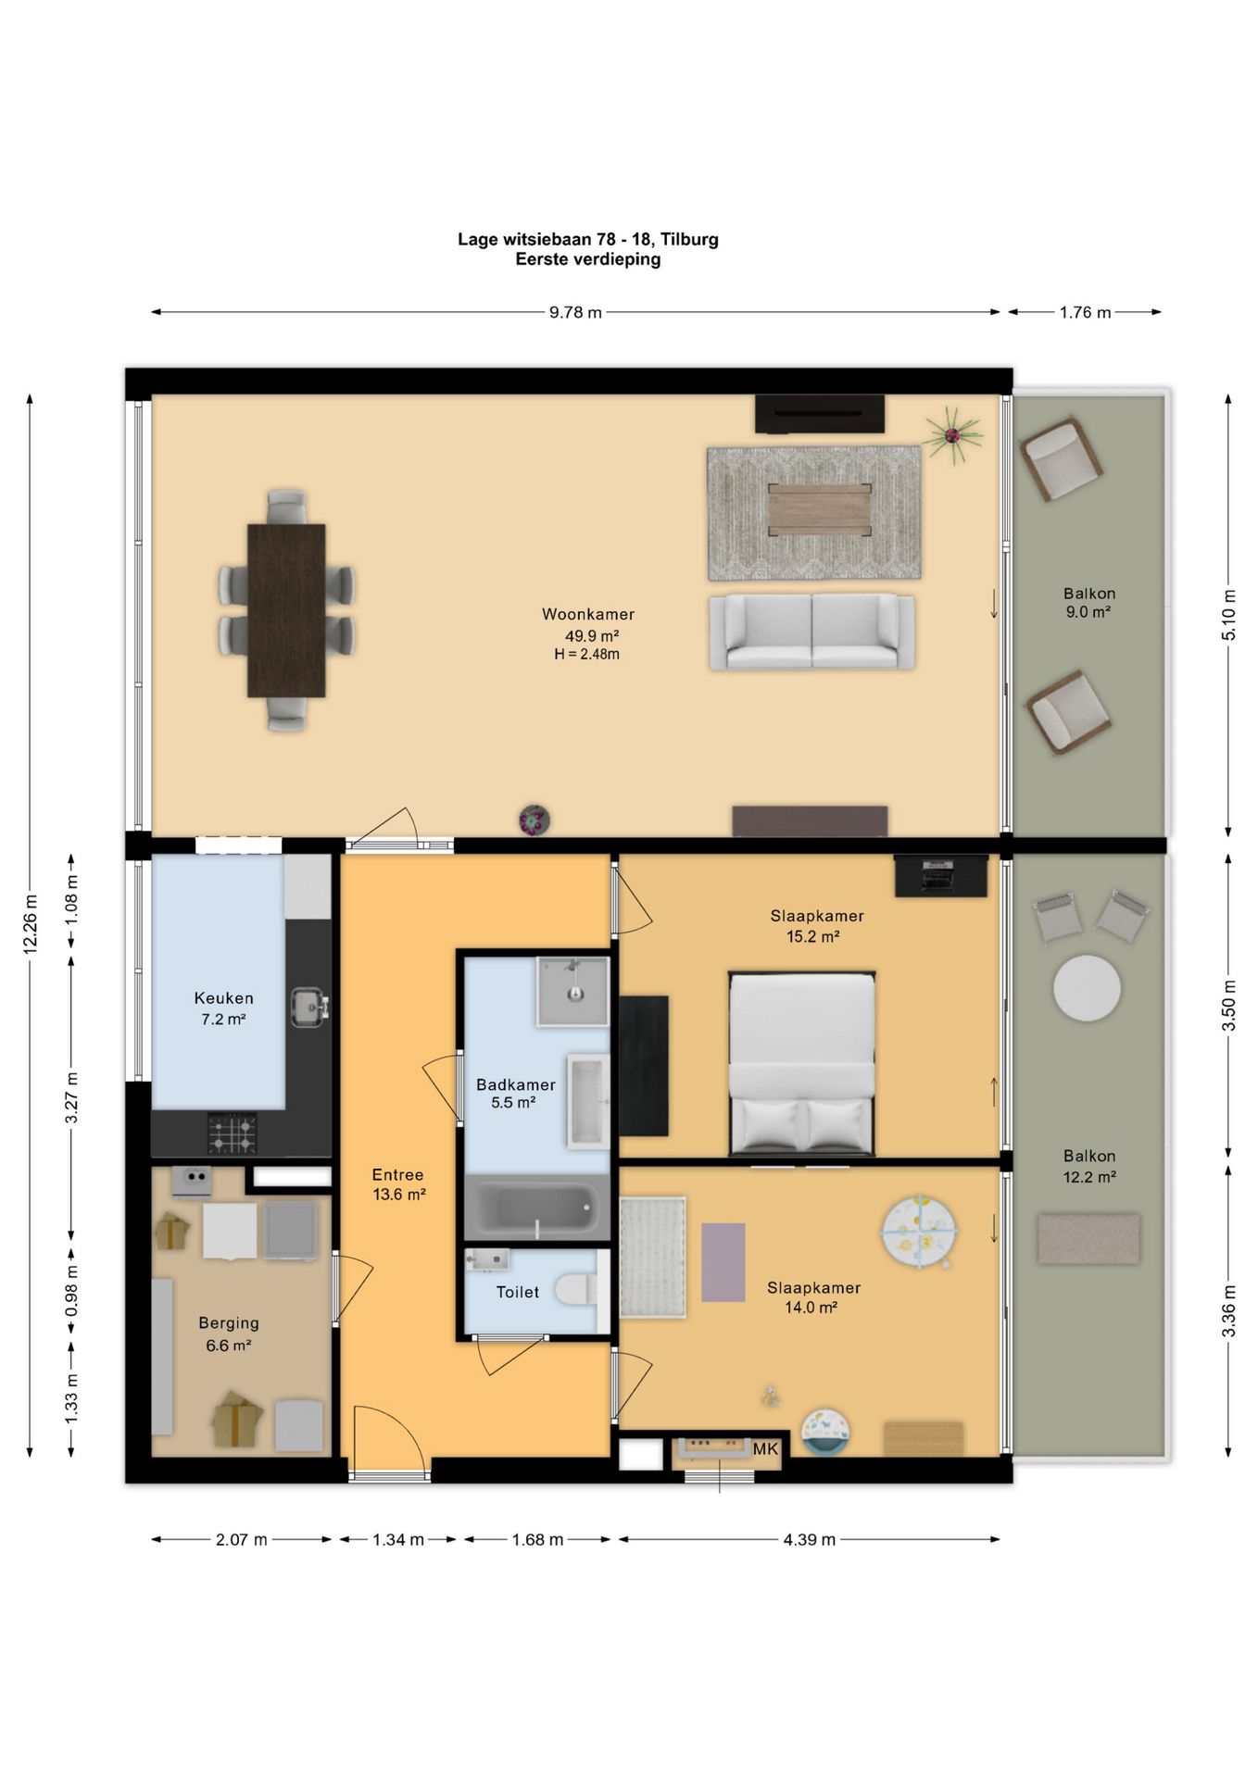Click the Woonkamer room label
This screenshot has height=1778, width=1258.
[x=588, y=614]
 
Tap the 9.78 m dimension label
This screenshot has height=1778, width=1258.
[x=575, y=312]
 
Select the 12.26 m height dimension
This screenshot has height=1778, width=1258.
[x=31, y=924]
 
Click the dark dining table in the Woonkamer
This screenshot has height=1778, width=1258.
[x=286, y=610]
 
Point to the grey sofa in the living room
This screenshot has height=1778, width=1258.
[x=812, y=632]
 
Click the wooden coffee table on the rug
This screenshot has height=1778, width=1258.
[x=820, y=510]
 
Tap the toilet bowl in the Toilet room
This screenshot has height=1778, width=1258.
[x=576, y=1290]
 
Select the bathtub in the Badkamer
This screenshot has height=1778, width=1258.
[x=535, y=1208]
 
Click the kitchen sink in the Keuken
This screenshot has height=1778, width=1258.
[x=308, y=1008]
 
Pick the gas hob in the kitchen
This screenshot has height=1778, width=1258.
[x=232, y=1133]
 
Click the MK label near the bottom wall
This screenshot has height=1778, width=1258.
[x=765, y=1449]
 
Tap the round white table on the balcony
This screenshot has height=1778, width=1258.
[x=1087, y=988]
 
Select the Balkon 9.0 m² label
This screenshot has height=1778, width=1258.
[x=1089, y=602]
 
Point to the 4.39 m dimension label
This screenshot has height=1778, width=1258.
[x=810, y=1540]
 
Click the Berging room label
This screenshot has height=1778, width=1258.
[x=229, y=1323]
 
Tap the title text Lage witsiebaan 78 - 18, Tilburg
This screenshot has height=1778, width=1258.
[x=588, y=239]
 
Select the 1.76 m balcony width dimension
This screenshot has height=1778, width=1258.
[x=1085, y=312]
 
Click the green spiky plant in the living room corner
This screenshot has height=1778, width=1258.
[x=951, y=434]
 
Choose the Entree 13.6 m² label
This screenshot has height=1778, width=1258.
[x=398, y=1184]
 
